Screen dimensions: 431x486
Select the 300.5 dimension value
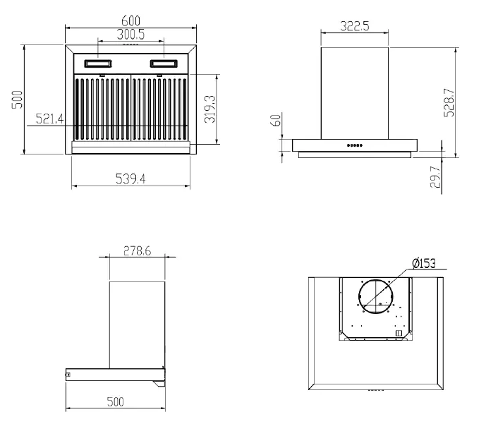[130, 35]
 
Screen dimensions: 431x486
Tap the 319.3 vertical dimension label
[209, 109]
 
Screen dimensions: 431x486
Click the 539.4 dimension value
[130, 179]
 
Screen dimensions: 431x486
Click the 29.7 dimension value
[435, 176]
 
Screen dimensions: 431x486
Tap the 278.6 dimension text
[137, 250]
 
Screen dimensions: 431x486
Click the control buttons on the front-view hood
[354, 147]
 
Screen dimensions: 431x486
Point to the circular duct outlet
[377, 297]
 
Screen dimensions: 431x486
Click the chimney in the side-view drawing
[138, 324]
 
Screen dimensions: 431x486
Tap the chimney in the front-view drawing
[355, 92]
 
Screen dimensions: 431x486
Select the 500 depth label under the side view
[115, 401]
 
